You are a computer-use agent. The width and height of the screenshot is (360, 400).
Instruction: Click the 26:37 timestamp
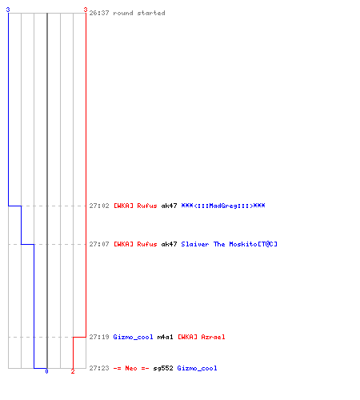[x=99, y=13]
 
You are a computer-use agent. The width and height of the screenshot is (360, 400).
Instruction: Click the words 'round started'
[x=139, y=13]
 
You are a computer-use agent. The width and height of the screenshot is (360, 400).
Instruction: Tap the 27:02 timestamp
[x=99, y=206]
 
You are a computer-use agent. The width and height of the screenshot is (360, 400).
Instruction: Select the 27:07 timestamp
[x=99, y=244]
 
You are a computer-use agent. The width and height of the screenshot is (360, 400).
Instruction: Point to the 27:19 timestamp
[x=99, y=337]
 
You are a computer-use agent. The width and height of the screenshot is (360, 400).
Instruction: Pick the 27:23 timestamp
[x=99, y=368]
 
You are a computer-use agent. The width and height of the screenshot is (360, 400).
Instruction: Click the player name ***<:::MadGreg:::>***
[x=223, y=206]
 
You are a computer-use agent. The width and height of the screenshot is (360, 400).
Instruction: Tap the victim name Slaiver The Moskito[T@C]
[x=229, y=244]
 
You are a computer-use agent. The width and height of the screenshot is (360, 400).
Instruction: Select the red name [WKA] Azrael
[x=202, y=337]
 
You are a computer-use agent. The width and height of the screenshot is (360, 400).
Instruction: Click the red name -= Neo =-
[x=131, y=368]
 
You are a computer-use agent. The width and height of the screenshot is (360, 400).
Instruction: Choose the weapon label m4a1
[x=165, y=337]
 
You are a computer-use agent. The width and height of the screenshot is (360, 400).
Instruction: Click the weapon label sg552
[x=163, y=368]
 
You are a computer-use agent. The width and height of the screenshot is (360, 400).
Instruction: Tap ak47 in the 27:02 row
[x=169, y=206]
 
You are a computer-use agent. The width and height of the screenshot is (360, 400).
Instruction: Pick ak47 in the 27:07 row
[x=169, y=244]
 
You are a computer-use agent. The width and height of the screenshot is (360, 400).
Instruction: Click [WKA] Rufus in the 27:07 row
[x=135, y=244]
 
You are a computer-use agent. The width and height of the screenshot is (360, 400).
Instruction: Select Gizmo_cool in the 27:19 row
[x=133, y=337]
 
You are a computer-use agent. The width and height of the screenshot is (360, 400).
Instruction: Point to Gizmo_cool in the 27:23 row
[x=197, y=368]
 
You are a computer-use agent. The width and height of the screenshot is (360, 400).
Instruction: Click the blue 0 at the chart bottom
[x=46, y=371]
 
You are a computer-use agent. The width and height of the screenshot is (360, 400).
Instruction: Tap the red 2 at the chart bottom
[x=73, y=371]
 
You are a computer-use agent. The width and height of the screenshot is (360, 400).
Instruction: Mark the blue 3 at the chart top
[x=8, y=10]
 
